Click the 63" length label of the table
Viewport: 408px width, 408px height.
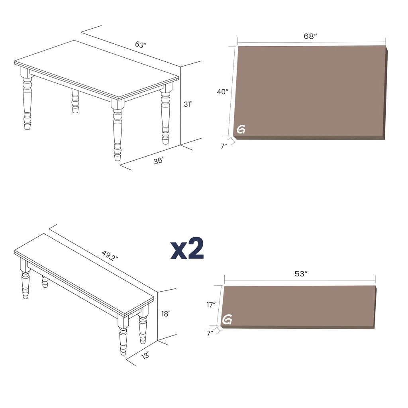pyautogui.click(x=141, y=45)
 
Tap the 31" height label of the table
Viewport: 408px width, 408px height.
pyautogui.click(x=188, y=104)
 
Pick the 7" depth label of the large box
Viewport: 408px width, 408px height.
pyautogui.click(x=224, y=146)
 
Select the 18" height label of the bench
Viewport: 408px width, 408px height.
pyautogui.click(x=166, y=314)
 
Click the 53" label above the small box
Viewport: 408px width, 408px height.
pyautogui.click(x=301, y=274)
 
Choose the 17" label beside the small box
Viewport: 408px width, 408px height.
pyautogui.click(x=211, y=305)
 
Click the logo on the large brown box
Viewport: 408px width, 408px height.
pyautogui.click(x=241, y=129)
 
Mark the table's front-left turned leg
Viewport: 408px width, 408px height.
pyautogui.click(x=27, y=100)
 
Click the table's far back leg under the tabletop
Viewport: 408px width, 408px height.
pyautogui.click(x=75, y=101)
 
